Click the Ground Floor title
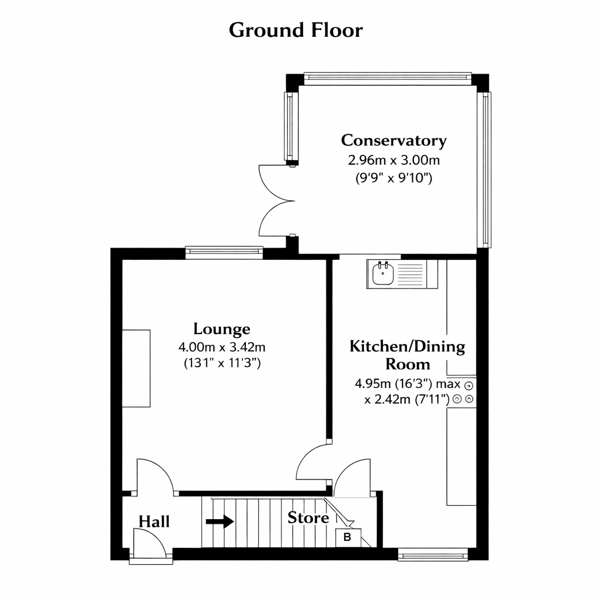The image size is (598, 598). (x=295, y=30)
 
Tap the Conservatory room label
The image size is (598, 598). (x=394, y=140)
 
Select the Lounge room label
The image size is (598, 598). (x=221, y=329)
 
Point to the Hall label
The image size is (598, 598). (x=154, y=521)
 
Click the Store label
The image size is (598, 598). (x=308, y=517)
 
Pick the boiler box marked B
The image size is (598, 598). (x=348, y=538)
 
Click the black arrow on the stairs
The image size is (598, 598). (x=220, y=521)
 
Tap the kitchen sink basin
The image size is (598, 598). (x=383, y=273)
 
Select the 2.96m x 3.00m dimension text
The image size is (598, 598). (x=394, y=160)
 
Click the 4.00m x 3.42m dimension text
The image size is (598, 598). (x=221, y=347)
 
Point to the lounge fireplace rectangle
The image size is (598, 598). (x=136, y=368)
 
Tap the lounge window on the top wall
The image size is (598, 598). (x=224, y=252)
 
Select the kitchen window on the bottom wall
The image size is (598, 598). (x=433, y=555)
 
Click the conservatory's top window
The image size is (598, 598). (x=388, y=78)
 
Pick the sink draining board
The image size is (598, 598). (x=411, y=274)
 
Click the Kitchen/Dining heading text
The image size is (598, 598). (x=407, y=346)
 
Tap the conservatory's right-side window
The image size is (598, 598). (x=485, y=170)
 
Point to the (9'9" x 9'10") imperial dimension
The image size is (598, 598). (x=394, y=178)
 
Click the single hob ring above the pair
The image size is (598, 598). (x=469, y=385)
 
